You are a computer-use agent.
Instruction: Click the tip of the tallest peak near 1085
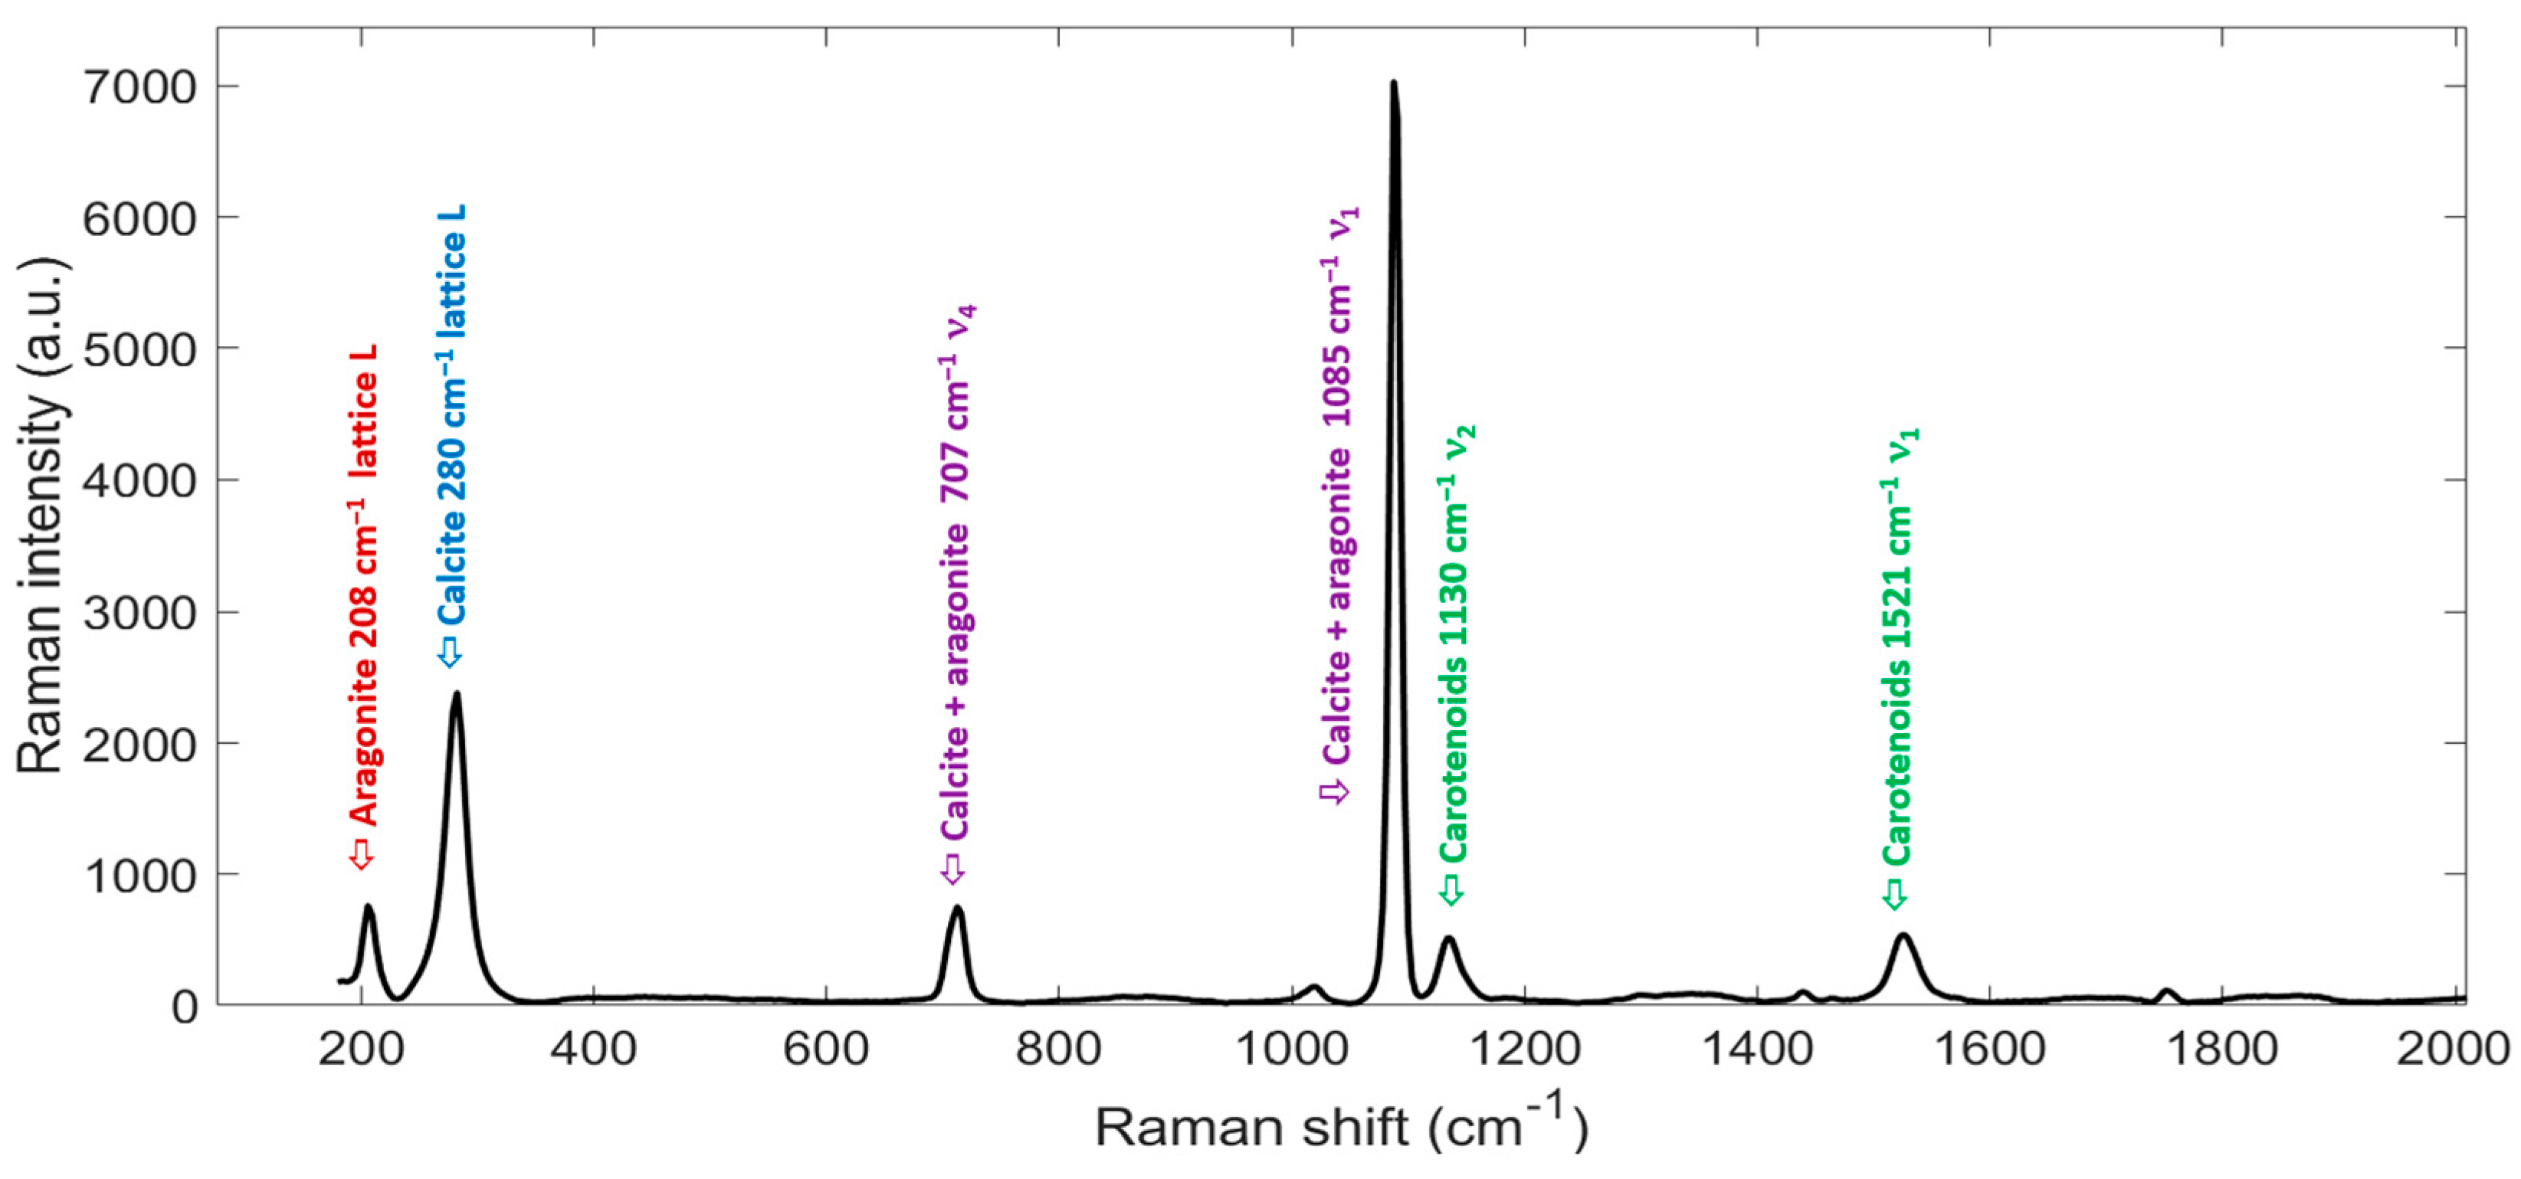1394,84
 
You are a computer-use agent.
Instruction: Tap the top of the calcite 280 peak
456,695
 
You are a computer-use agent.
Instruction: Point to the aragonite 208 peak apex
368,907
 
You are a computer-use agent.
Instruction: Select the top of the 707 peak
957,909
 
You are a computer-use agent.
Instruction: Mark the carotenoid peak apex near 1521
1903,936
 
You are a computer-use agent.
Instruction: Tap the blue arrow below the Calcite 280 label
449,653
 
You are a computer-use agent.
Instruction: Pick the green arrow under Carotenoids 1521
1895,894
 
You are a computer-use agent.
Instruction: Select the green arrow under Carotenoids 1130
1451,889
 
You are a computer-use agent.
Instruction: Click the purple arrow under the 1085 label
1335,791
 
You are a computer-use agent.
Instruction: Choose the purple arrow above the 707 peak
952,868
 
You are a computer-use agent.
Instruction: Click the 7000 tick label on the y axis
141,87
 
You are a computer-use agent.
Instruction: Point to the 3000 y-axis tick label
141,614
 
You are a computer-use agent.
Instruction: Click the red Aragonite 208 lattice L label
364,587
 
